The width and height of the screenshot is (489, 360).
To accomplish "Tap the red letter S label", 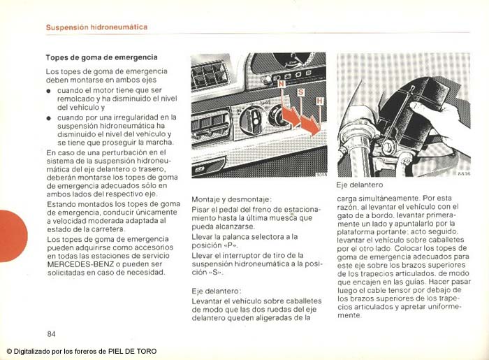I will pyautogui.click(x=300, y=92).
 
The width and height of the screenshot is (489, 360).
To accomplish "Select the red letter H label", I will pyautogui.click(x=319, y=102).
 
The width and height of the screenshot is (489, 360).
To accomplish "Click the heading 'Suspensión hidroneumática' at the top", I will pyautogui.click(x=96, y=27).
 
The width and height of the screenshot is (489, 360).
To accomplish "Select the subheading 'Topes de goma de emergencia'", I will pyautogui.click(x=101, y=57).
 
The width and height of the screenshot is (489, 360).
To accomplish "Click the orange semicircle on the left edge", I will pyautogui.click(x=11, y=236).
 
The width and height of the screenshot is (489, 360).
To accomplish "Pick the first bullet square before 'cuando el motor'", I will pyautogui.click(x=50, y=91).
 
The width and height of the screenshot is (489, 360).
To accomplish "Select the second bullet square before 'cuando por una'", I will pyautogui.click(x=50, y=118).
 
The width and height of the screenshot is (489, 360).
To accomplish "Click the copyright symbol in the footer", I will pyautogui.click(x=9, y=351).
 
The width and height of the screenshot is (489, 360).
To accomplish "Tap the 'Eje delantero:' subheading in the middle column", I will pyautogui.click(x=217, y=290).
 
